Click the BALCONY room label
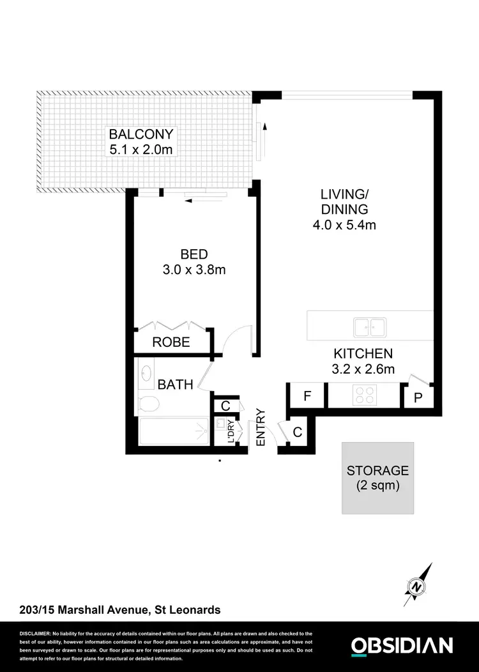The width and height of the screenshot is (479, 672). click(141, 134)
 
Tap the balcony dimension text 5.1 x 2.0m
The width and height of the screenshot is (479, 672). click(141, 149)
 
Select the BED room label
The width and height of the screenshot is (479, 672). click(194, 254)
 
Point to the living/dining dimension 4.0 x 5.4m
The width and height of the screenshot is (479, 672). click(344, 225)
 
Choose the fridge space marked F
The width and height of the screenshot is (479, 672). click(307, 396)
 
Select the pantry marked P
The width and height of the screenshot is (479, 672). click(418, 397)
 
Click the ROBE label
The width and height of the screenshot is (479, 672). click(171, 342)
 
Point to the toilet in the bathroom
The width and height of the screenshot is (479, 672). click(148, 404)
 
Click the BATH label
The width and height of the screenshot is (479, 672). click(176, 385)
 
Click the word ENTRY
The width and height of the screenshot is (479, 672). click(261, 427)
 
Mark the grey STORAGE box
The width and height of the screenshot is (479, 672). click(377, 478)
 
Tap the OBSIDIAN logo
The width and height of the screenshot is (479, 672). click(402, 645)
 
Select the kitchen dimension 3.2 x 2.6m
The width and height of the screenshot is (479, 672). click(363, 369)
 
